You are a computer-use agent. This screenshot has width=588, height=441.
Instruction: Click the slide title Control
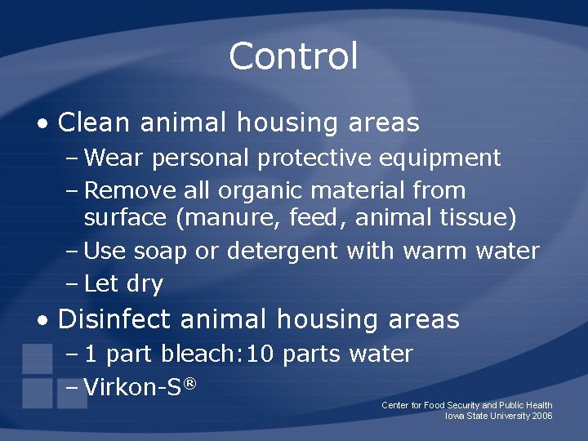(293, 56)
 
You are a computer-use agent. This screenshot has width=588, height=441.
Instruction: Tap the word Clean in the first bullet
(94, 122)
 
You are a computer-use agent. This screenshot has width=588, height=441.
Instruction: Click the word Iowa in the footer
(454, 416)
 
